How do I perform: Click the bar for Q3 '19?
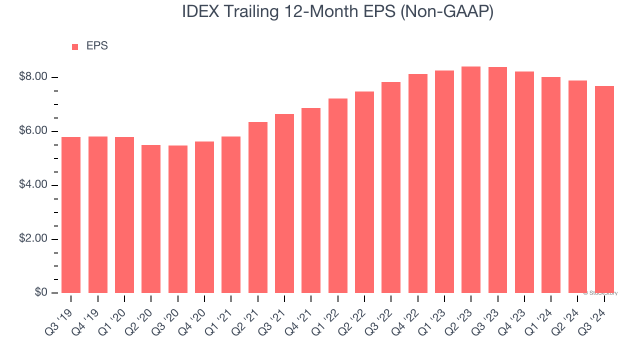71,215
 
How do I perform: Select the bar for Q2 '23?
471,180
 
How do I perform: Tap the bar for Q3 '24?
604,189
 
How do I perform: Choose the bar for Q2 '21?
257,207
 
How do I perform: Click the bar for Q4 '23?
524,182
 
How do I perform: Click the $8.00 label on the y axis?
33,77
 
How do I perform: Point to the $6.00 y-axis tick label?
33,131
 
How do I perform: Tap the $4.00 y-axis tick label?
33,185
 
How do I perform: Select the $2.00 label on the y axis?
33,239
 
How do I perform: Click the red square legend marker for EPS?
75,47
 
